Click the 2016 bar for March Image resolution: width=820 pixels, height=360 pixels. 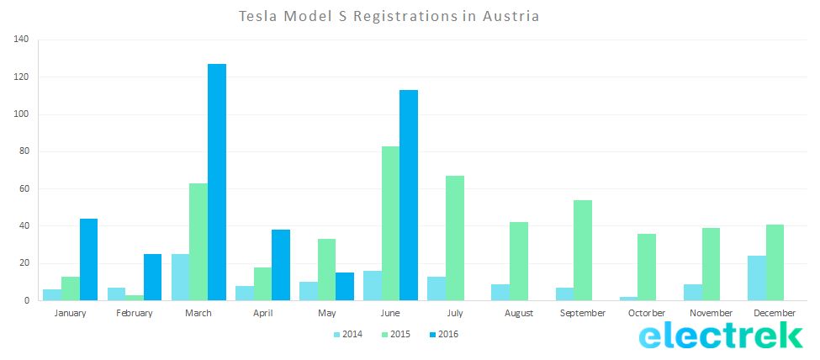(x=217, y=182)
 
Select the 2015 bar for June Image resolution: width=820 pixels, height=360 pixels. (x=390, y=223)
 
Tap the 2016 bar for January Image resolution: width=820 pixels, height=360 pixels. (x=88, y=259)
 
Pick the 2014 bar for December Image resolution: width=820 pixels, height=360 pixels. (x=757, y=278)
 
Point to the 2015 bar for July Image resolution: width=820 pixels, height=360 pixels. (x=455, y=238)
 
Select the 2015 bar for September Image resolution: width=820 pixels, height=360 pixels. (x=583, y=250)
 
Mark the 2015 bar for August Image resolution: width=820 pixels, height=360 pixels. (x=519, y=261)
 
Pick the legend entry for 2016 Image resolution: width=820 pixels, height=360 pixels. (x=443, y=334)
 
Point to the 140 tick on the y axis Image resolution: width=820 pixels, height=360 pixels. (x=21, y=40)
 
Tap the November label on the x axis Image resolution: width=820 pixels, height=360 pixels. (x=712, y=313)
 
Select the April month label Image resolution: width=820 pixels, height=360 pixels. (x=262, y=313)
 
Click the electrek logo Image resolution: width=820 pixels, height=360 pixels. (x=721, y=336)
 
